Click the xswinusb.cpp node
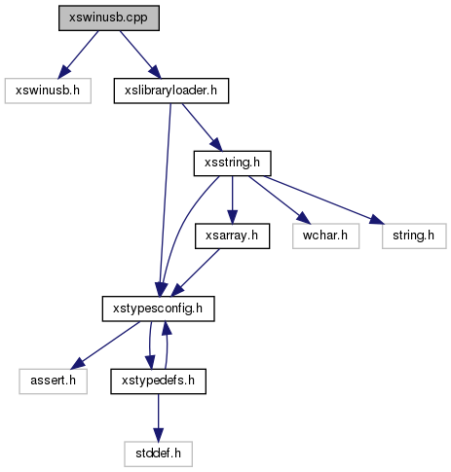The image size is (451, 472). [x=109, y=18]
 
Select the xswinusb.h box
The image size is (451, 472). [x=48, y=91]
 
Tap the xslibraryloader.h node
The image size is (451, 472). [x=171, y=91]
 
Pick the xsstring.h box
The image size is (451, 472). [x=232, y=163]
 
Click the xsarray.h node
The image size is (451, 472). [x=232, y=236]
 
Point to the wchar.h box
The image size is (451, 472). [x=325, y=236]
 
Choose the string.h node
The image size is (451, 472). [x=414, y=236]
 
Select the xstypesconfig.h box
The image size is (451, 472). [x=158, y=309]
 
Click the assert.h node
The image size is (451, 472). [x=53, y=381]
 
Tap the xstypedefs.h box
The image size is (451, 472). [x=158, y=381]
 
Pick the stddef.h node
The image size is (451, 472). [x=158, y=454]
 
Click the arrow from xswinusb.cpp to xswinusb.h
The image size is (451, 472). [x=78, y=54]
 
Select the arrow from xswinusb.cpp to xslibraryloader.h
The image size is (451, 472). [x=140, y=54]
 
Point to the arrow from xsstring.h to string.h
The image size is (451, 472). [x=324, y=200]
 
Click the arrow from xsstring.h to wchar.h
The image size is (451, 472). [x=280, y=200]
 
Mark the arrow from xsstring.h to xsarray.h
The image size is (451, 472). [x=232, y=200]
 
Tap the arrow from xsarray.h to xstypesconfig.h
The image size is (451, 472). [x=195, y=272]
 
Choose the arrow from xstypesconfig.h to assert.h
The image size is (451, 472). [x=106, y=345]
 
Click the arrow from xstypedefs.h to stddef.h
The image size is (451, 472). [x=158, y=418]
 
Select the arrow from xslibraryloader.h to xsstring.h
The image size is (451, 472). [x=202, y=127]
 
